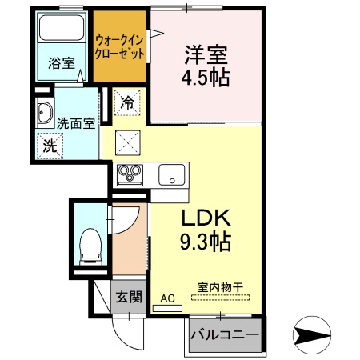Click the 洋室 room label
[206, 55]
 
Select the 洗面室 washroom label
[77, 123]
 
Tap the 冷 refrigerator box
[127, 102]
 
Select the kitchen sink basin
[170, 174]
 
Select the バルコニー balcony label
[225, 334]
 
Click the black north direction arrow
[313, 334]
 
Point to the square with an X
[128, 142]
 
